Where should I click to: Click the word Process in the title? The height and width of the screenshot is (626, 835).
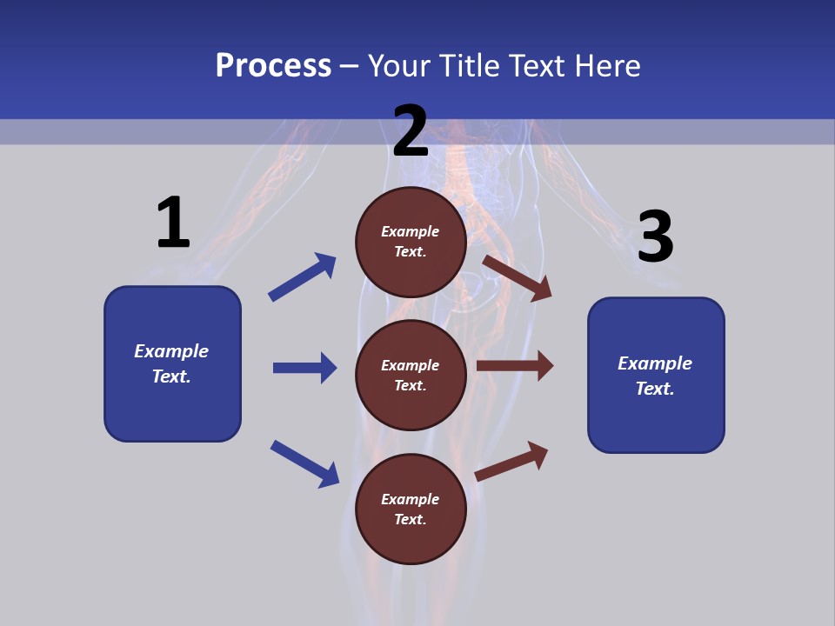(x=273, y=65)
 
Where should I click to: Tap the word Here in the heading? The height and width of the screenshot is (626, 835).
(x=605, y=65)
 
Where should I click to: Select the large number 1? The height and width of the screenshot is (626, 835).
(x=173, y=223)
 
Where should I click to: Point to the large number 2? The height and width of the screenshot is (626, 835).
(x=411, y=131)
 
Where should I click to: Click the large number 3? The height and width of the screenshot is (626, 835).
(x=655, y=237)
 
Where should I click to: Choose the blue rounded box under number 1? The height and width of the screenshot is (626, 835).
(x=172, y=363)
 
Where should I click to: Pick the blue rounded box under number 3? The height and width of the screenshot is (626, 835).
(x=656, y=375)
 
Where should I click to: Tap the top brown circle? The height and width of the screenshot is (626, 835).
(x=411, y=242)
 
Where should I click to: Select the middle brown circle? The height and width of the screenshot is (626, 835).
(x=411, y=375)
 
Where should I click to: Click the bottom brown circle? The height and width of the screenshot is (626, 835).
(x=411, y=509)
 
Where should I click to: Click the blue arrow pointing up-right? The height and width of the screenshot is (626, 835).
(x=302, y=276)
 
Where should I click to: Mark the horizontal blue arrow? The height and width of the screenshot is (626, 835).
(x=304, y=368)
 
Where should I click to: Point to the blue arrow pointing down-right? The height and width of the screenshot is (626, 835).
(x=304, y=463)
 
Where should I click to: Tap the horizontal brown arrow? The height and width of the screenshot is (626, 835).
(x=515, y=366)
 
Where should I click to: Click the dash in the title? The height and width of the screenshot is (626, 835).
(x=350, y=66)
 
